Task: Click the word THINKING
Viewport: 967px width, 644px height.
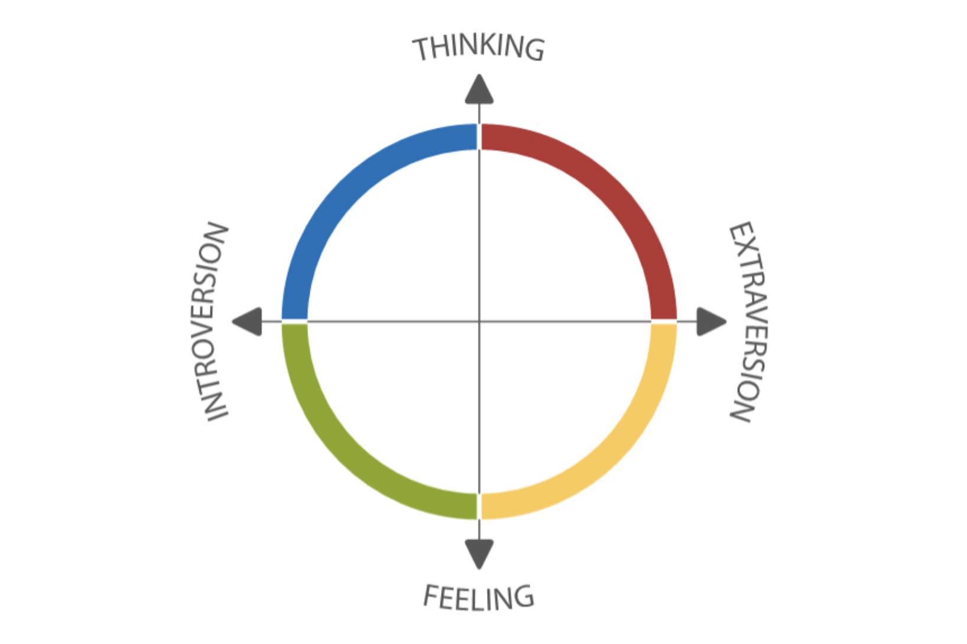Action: click(x=478, y=48)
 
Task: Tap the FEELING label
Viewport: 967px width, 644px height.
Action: click(x=479, y=597)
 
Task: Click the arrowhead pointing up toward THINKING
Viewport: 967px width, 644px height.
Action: click(x=479, y=90)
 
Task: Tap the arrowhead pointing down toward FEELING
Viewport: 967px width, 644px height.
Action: click(x=479, y=553)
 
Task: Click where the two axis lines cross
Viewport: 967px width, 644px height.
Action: click(x=479, y=321)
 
